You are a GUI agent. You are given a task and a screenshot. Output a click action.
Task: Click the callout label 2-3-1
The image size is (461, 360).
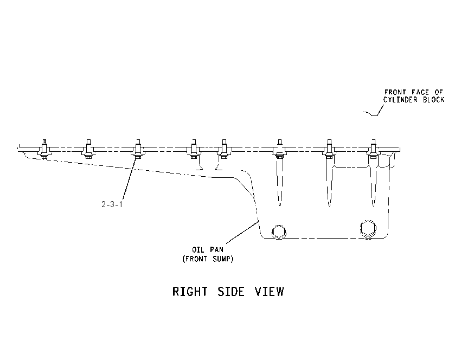coord(112,204)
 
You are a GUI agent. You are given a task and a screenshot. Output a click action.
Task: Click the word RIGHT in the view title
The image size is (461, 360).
coord(190,292)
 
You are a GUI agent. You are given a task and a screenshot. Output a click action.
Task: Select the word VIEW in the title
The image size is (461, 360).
coord(270,292)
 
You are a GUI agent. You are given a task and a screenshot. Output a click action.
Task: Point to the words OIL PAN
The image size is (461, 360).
coord(208,250)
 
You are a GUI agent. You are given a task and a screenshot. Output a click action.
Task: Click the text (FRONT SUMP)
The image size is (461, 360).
coord(208,259)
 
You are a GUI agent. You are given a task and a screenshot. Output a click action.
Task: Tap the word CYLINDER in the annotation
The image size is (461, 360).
coord(400,100)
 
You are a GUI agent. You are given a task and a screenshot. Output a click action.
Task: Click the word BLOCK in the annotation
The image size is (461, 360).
coord(434,100)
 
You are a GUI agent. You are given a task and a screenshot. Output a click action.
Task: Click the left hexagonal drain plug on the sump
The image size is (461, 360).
coord(278,232)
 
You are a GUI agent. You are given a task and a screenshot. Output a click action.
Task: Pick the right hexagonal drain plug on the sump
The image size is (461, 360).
coord(368,228)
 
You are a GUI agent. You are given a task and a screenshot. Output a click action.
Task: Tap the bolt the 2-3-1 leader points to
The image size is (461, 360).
coord(138,149)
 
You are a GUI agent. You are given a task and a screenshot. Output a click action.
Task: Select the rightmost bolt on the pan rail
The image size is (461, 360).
coord(373,149)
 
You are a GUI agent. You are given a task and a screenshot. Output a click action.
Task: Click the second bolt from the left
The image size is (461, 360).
coord(88,149)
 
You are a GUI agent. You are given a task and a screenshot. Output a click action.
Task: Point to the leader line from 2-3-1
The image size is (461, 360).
coord(130,179)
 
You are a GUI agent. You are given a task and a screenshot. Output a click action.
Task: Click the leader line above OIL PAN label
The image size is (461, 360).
coord(242,232)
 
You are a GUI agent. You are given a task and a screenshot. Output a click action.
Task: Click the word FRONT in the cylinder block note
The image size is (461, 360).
coord(395,92)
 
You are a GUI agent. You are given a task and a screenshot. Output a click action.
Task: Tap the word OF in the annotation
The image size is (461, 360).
coord(439,92)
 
